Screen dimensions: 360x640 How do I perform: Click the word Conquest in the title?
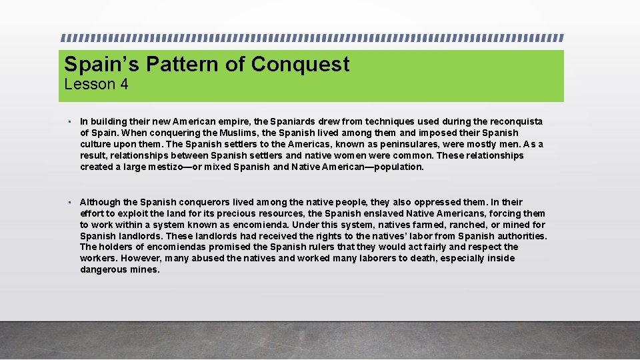pyautogui.click(x=300, y=65)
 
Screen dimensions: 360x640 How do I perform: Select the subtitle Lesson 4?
pyautogui.click(x=96, y=84)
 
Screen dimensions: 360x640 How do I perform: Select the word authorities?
pyautogui.click(x=521, y=236)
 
